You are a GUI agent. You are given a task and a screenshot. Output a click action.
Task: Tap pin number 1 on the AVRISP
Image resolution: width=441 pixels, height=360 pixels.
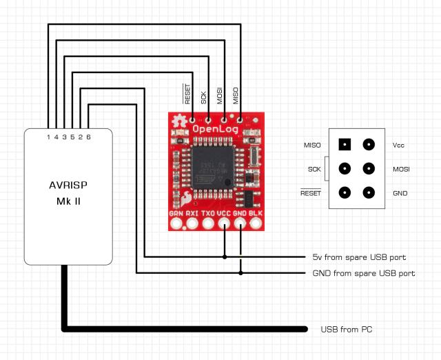48,137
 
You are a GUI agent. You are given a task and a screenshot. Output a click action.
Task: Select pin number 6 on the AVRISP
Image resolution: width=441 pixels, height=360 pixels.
89,137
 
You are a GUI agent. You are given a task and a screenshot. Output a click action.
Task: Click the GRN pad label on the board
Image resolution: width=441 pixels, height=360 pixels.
176,214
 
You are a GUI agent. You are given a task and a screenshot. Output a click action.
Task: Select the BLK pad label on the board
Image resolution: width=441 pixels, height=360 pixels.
256,214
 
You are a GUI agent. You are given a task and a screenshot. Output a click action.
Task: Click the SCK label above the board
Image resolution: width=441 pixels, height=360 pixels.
204,97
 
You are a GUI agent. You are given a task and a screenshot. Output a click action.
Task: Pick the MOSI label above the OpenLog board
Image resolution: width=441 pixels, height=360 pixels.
220,95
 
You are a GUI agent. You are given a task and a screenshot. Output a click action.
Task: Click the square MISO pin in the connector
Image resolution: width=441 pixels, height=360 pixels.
345,145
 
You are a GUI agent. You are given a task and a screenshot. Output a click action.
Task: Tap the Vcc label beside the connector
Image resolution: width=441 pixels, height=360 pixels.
398,146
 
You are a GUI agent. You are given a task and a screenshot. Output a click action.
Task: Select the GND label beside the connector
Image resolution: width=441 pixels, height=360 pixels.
400,193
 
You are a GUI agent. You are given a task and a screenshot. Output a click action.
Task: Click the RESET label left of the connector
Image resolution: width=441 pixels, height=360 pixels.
311,193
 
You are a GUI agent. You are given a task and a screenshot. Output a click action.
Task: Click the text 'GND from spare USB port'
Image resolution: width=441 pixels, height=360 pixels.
359,273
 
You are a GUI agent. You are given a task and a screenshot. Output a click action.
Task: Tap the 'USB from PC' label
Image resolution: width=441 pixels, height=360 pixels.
346,330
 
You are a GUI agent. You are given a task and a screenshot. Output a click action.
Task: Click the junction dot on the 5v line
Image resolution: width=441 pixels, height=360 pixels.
225,257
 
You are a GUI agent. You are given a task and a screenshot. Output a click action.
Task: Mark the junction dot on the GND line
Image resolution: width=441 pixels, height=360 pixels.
241,273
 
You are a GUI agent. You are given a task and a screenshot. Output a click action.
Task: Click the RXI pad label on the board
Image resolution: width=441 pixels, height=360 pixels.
192,214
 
